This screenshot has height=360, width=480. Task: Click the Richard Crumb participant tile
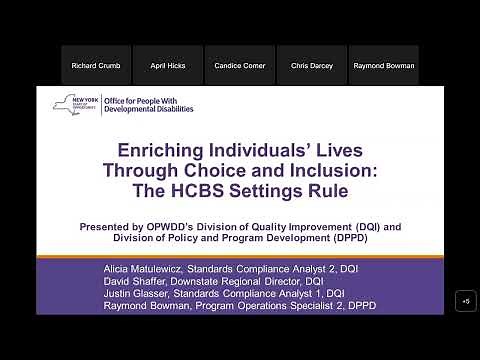(x=96, y=65)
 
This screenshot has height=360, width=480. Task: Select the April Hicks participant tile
(x=168, y=65)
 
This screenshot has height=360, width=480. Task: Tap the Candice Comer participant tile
(x=240, y=65)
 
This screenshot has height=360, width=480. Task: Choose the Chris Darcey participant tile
(x=312, y=65)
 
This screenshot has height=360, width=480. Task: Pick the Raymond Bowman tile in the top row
(x=384, y=65)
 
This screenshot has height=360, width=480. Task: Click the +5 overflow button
(x=465, y=300)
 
